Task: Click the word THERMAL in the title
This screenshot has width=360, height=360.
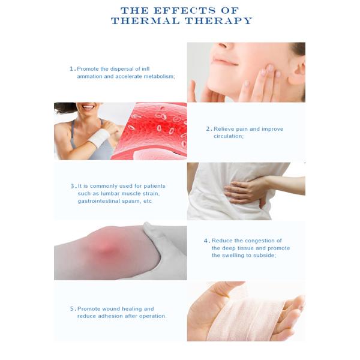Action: pos(145,21)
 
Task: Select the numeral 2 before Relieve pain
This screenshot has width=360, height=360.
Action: pos(208,129)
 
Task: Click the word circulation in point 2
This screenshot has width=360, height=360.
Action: pos(228,136)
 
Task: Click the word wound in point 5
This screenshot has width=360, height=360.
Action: pos(111,309)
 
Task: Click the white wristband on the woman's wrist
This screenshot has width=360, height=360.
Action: pos(99,138)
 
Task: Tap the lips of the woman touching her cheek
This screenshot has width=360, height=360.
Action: pos(224,61)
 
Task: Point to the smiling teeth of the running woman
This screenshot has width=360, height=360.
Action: pos(88,107)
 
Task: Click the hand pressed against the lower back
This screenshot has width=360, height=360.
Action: pos(246,191)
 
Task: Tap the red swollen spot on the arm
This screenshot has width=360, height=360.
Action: pos(106,250)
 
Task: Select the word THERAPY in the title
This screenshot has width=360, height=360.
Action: pos(219,21)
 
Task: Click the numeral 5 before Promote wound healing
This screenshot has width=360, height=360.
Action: pos(73,309)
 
